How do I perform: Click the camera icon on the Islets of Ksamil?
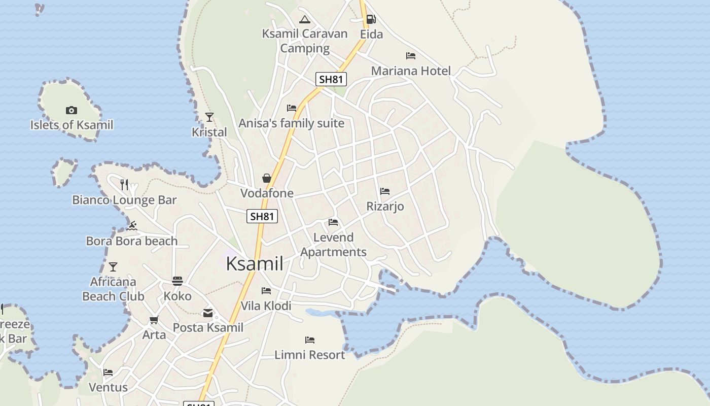[72, 110]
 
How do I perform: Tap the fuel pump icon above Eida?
[371, 19]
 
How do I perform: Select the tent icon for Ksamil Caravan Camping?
[304, 20]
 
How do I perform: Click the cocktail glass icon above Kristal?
[209, 117]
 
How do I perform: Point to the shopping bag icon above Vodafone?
[267, 178]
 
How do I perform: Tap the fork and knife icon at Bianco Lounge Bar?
[124, 184]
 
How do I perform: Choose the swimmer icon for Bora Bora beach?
[132, 226]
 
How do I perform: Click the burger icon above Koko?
[177, 281]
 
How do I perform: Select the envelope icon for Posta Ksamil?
[208, 313]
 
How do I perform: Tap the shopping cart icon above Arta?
[154, 320]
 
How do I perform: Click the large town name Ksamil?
[255, 264]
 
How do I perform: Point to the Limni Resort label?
[309, 355]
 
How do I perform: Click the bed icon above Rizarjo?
[385, 191]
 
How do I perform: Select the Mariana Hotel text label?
[411, 71]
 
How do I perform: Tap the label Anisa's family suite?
[291, 123]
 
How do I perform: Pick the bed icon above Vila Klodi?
[266, 291]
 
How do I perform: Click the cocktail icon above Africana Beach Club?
[113, 266]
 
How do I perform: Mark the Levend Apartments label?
[333, 245]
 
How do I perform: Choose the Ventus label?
[108, 387]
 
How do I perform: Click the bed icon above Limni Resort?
[310, 340]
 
